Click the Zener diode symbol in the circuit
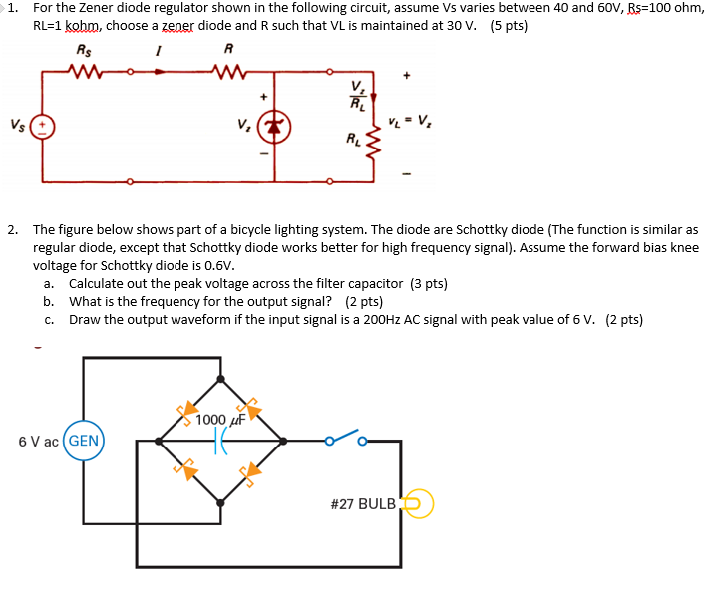point(274,127)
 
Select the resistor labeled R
point(229,71)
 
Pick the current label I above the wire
point(159,49)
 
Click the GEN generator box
point(84,440)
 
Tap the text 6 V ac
point(38,440)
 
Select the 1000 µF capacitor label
point(219,419)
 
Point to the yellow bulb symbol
point(418,503)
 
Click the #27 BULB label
point(363,504)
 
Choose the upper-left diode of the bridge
point(187,411)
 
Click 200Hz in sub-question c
point(410,319)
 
